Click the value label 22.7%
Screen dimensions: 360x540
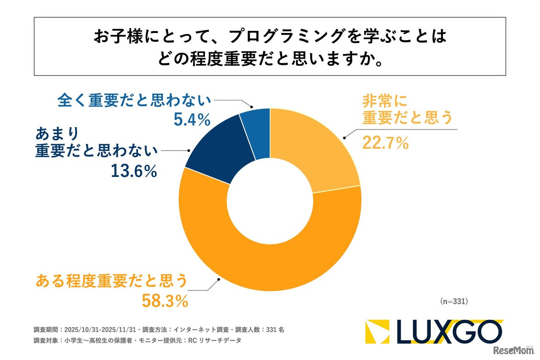point(385,143)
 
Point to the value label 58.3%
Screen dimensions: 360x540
point(165,301)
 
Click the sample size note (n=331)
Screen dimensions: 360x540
point(454,302)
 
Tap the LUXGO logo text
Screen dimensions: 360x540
point(449,332)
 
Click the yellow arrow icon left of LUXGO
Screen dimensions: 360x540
point(377,332)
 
